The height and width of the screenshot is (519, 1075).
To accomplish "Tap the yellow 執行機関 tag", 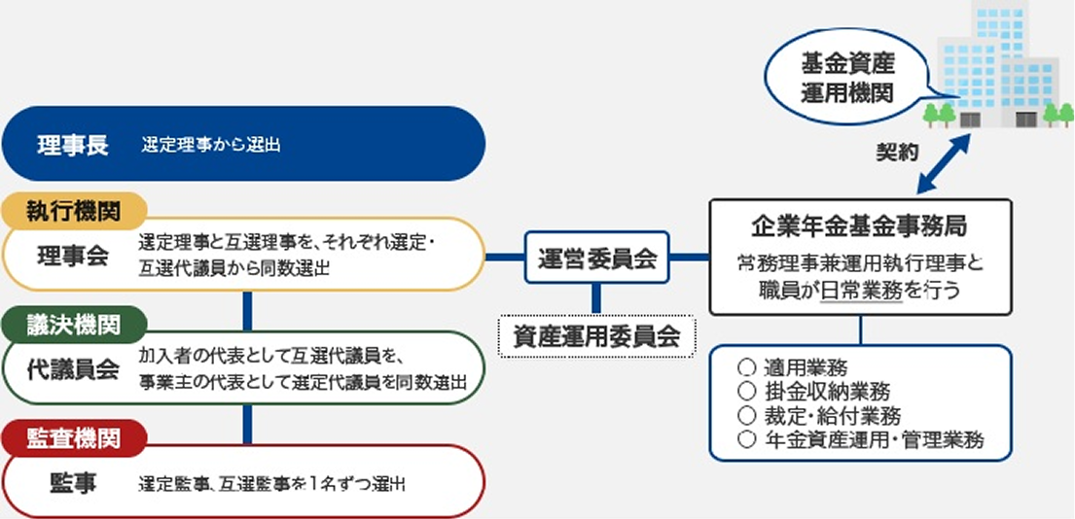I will click(74, 211).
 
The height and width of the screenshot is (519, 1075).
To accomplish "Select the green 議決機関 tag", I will click(74, 325).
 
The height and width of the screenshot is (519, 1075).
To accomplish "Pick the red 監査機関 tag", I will click(74, 437).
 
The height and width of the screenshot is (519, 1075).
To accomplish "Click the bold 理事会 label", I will click(73, 255).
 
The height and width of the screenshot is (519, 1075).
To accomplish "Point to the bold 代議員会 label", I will click(73, 369).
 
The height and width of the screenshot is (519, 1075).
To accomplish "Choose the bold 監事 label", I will click(73, 483).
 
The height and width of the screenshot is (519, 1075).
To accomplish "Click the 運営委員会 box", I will click(597, 259).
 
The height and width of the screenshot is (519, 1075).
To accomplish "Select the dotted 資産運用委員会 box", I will click(597, 336).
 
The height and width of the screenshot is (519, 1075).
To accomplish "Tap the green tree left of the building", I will click(939, 114).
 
